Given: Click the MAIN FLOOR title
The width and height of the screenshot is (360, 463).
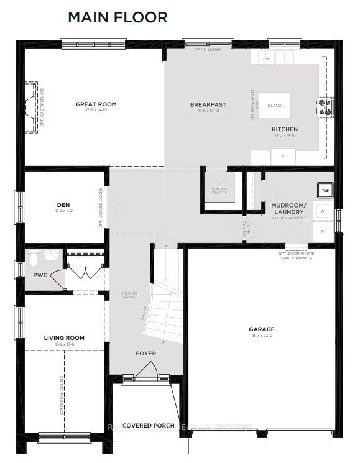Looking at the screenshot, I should (x=118, y=17).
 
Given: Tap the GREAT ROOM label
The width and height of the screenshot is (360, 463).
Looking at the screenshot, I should (x=96, y=104).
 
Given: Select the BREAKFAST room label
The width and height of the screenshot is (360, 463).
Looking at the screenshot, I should (x=208, y=104).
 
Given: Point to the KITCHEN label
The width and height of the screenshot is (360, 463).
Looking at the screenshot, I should (x=284, y=129).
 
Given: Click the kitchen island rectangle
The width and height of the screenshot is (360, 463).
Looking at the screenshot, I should (x=274, y=106).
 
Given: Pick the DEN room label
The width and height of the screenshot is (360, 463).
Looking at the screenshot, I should (x=63, y=204).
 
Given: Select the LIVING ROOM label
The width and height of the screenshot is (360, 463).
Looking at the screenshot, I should (x=64, y=338).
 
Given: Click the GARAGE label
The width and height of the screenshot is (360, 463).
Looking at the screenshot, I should (x=261, y=329).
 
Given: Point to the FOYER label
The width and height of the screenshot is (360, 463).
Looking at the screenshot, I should (x=146, y=354).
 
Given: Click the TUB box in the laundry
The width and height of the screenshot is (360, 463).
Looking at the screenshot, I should (x=325, y=190).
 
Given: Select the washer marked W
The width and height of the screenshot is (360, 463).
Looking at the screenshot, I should (x=323, y=211).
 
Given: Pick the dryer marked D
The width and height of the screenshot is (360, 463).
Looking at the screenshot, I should (x=323, y=231).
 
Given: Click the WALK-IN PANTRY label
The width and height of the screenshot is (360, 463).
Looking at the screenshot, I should (x=219, y=190).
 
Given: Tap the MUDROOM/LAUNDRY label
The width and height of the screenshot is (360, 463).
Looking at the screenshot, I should (x=288, y=208).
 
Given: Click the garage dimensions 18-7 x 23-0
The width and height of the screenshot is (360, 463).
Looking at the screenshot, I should (x=261, y=336).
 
